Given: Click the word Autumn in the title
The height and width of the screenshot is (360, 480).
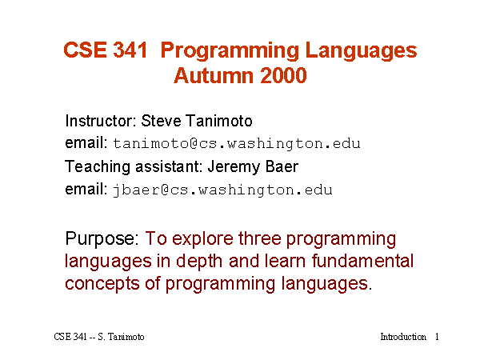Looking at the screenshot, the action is tap(214, 75).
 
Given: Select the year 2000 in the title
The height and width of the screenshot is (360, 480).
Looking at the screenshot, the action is tap(283, 75).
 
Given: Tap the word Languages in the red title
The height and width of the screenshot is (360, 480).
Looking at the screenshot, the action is tap(362, 51).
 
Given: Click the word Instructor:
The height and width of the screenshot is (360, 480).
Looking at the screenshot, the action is tap(101, 121).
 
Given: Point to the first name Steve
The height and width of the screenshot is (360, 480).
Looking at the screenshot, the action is tap(161, 121).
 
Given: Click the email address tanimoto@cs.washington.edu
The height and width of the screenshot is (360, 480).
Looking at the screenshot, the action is tap(237, 143).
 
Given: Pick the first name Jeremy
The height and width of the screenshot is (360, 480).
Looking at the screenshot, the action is tap(234, 168).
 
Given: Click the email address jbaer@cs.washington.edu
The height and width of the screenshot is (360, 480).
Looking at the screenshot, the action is tap(222, 190).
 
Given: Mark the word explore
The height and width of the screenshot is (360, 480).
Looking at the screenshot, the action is tap(202, 238).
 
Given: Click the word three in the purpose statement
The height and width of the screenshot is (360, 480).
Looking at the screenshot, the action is tap(259, 238).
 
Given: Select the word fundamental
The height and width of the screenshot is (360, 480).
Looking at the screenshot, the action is tap(362, 261).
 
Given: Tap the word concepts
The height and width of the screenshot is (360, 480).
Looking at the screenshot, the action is tap(102, 284).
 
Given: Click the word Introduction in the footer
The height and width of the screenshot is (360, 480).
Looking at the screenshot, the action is tap(403, 337).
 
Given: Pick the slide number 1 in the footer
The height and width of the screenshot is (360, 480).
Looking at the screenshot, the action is tap(437, 337).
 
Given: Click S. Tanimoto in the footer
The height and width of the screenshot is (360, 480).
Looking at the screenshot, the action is tap(121, 337).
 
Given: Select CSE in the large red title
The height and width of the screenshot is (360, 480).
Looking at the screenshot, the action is tap(85, 50).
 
